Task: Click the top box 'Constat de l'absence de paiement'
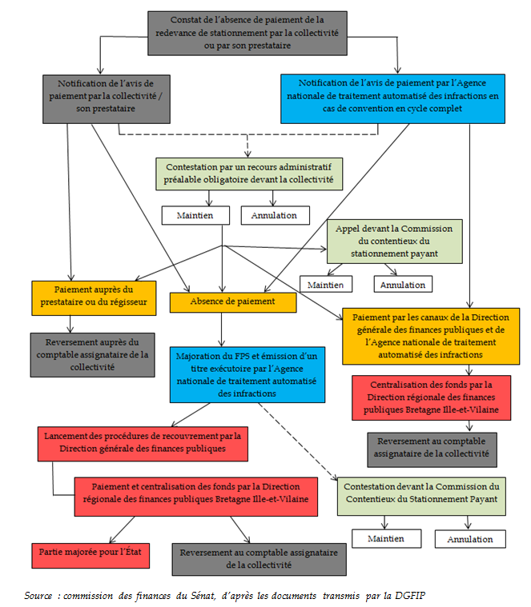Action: point(247,32)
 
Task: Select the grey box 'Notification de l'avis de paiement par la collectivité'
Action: point(107,99)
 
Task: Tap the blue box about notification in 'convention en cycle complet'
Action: point(392,99)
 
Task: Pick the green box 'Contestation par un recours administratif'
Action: point(249,174)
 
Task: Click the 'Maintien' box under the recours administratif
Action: point(195,215)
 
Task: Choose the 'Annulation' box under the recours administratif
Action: point(274,215)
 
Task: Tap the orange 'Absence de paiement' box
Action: point(233,302)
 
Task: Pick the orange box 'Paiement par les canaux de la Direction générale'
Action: point(420,335)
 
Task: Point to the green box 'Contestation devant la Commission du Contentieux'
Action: point(421,493)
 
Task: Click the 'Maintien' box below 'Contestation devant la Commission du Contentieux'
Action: point(386,538)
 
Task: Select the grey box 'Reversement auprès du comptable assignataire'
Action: point(94,353)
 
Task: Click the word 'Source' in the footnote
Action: point(38,596)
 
